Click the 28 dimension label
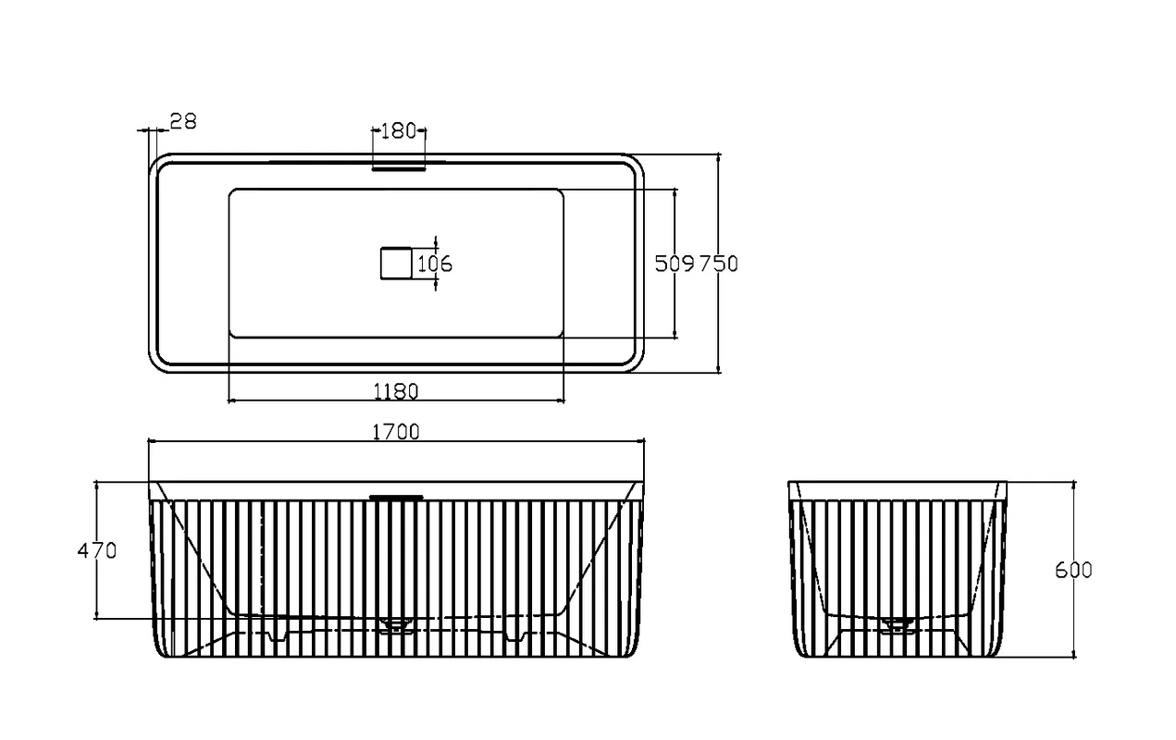click(183, 121)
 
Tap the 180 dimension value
click(399, 130)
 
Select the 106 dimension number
click(435, 264)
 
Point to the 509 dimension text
click(675, 264)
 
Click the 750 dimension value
click(719, 264)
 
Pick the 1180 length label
click(396, 391)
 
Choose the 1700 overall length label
click(396, 432)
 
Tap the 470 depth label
click(97, 550)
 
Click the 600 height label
click(1073, 570)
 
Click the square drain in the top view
click(396, 263)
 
